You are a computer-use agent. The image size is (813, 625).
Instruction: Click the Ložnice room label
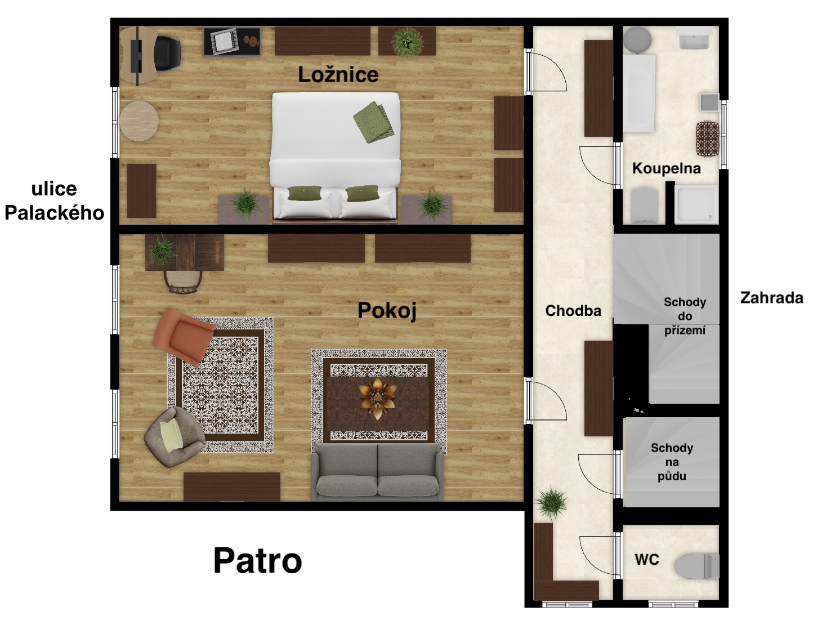(x=338, y=74)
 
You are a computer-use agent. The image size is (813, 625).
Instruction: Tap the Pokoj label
(x=387, y=310)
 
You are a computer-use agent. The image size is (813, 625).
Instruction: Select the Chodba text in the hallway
(x=573, y=310)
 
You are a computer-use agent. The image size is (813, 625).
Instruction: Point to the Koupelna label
(x=666, y=168)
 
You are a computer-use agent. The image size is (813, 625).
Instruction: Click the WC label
(x=646, y=559)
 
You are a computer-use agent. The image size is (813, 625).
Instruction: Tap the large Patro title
(x=257, y=560)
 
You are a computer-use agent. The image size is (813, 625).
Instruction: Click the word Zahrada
(x=771, y=297)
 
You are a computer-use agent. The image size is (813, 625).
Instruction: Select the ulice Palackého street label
(x=54, y=200)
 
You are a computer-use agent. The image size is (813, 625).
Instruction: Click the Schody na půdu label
(x=672, y=462)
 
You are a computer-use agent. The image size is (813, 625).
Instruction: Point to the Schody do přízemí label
(x=685, y=316)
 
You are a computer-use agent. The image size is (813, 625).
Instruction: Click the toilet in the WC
(x=698, y=566)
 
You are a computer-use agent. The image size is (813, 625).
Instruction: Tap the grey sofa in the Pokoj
(x=377, y=472)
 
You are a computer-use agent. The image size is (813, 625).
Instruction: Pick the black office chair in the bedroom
(x=166, y=53)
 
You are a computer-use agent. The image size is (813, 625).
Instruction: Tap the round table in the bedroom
(x=139, y=120)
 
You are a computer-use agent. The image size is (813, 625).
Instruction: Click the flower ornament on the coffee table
(x=377, y=398)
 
